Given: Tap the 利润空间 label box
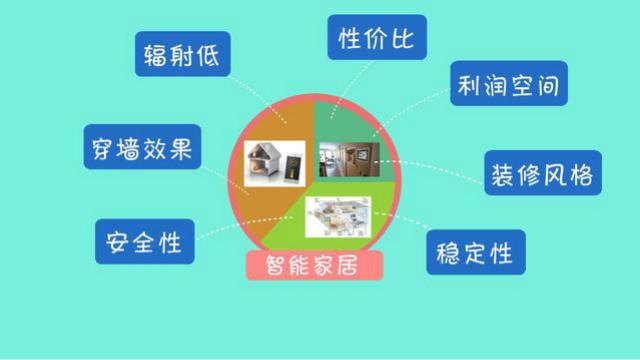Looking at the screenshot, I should [507, 87].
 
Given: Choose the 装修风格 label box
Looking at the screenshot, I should [543, 174].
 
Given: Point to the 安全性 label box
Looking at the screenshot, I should [145, 241].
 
